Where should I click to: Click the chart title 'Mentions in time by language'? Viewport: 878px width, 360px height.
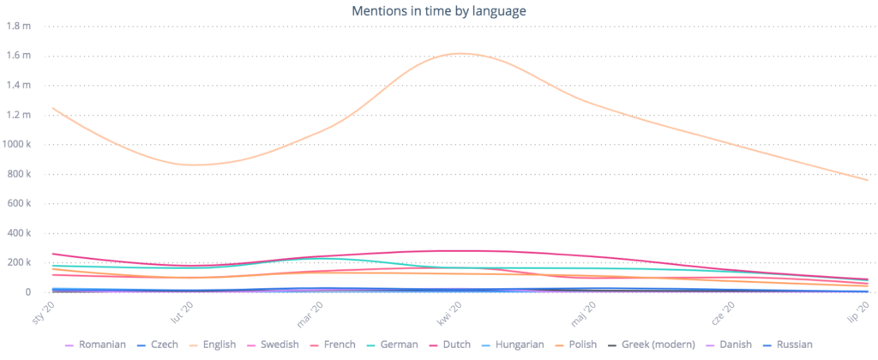click(x=439, y=11)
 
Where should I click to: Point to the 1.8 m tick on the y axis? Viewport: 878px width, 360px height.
click(x=18, y=26)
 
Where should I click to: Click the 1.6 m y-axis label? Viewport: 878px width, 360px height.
click(x=18, y=56)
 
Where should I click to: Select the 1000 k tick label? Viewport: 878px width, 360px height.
click(x=16, y=145)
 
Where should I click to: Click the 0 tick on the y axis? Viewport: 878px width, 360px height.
click(x=27, y=292)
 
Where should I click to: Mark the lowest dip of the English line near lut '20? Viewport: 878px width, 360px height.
click(x=195, y=165)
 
